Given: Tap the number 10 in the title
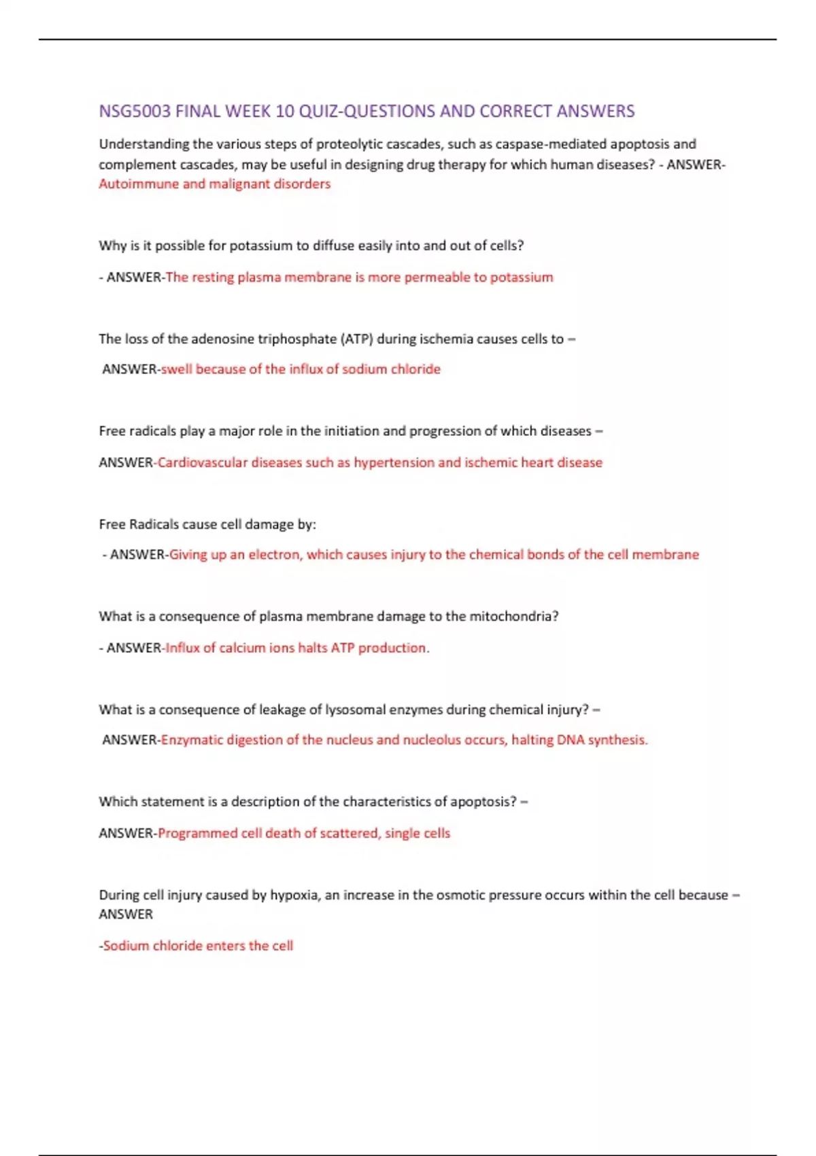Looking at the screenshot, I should point(284,111).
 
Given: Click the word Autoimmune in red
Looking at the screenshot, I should point(138,184).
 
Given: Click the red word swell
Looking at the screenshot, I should point(176,369).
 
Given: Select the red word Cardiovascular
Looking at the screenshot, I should point(202,462).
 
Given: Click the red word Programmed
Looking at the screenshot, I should point(197,833).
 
